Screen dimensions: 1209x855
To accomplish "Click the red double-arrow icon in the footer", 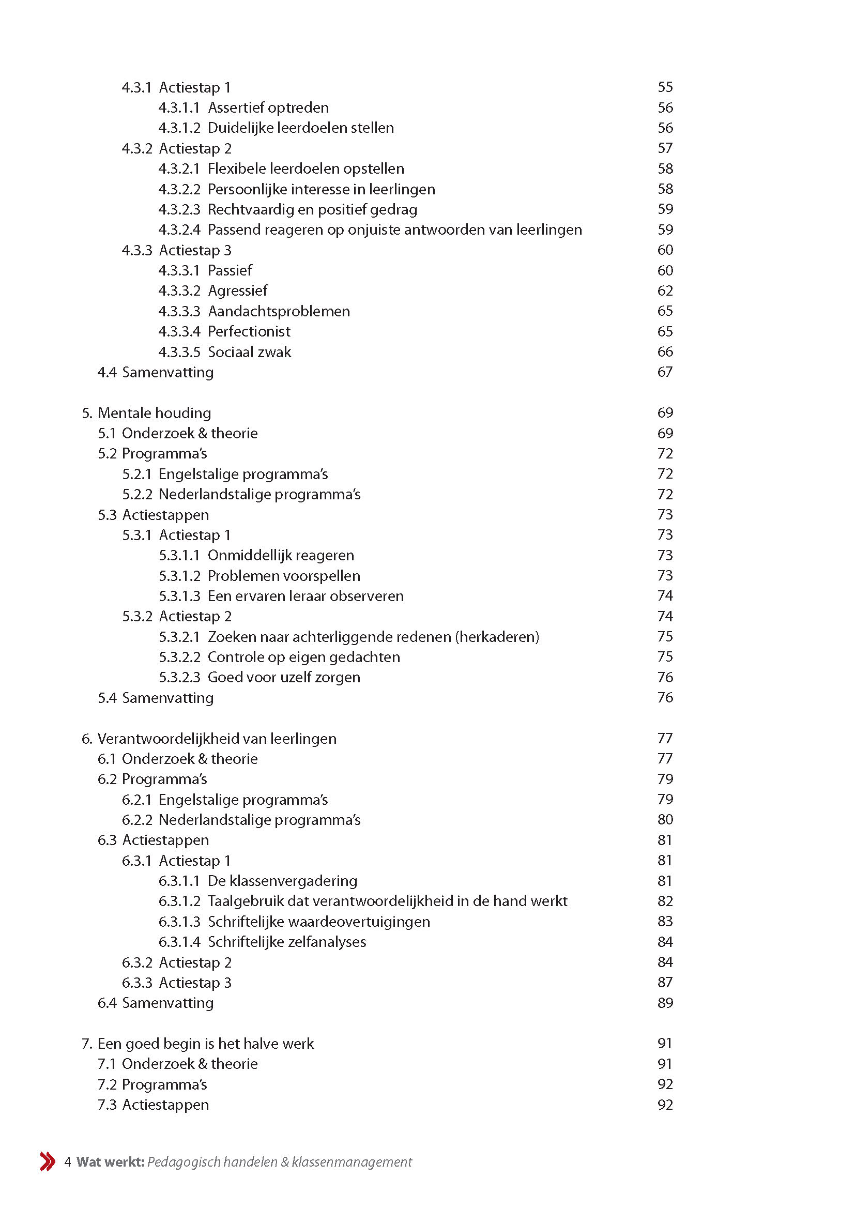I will click(x=48, y=1161).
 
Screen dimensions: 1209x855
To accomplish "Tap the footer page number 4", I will click(x=67, y=1162).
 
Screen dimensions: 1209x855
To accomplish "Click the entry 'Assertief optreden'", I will click(x=268, y=108).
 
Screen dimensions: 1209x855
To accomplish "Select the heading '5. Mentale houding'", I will click(x=146, y=413).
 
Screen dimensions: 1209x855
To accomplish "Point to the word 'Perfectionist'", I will click(x=249, y=332).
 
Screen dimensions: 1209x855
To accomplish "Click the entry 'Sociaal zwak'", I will click(x=250, y=353).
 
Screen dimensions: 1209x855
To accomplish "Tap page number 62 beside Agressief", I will click(x=665, y=290).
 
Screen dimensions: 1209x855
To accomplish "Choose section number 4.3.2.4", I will click(x=179, y=230).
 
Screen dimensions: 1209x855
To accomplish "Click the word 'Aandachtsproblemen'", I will click(x=279, y=311).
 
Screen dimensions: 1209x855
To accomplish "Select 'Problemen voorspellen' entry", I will click(x=284, y=576).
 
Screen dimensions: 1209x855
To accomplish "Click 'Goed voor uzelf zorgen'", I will click(x=284, y=678).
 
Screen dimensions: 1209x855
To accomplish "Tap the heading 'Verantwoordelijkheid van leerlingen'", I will click(x=217, y=739).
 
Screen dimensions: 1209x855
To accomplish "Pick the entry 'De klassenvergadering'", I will click(x=282, y=881).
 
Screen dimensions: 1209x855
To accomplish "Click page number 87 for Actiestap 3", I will click(x=665, y=983).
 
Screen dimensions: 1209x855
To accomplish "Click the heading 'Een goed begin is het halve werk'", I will click(x=205, y=1044).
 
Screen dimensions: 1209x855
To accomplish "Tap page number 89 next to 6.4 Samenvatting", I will click(x=665, y=1003).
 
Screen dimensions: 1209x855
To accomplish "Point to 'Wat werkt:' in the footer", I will click(x=110, y=1162).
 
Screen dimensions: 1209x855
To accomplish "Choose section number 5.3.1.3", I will click(x=179, y=596).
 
